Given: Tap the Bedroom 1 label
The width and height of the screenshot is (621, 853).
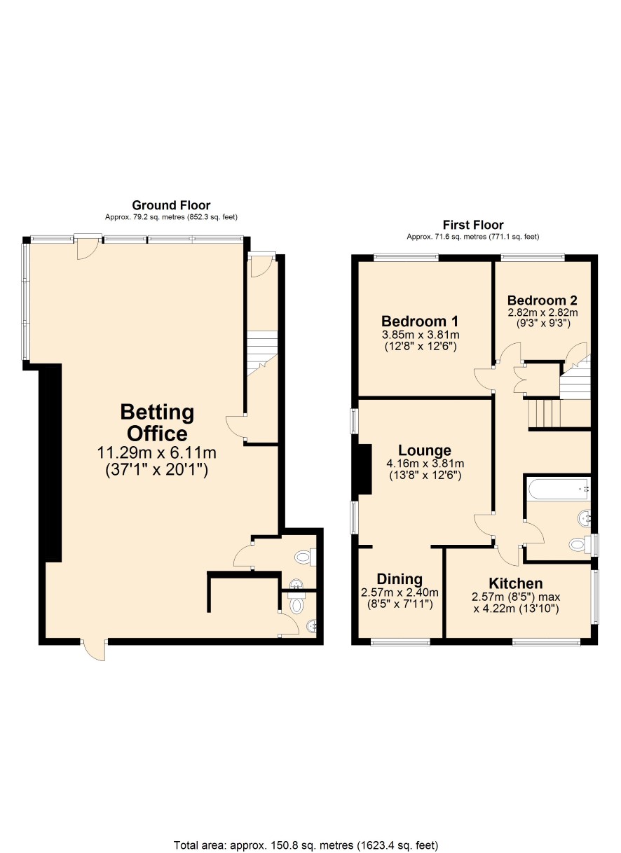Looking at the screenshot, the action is coord(420,321).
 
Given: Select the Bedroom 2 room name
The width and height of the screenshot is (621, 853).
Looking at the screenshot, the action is coord(542,300).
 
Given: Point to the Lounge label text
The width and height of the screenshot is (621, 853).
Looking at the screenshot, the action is coord(425,450).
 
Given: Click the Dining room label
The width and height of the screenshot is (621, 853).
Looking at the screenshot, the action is coord(400,579).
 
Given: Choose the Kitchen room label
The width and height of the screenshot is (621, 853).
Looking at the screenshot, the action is coord(516,583).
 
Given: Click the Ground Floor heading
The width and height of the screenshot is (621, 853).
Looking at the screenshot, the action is coord(171,205).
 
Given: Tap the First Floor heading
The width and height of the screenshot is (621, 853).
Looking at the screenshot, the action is coord(473,225).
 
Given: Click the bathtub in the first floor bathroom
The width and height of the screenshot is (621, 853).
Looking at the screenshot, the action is coord(559,489).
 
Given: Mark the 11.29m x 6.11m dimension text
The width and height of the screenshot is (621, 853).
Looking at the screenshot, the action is coord(157,453).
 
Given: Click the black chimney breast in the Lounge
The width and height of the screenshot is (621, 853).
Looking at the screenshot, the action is coord(365,469).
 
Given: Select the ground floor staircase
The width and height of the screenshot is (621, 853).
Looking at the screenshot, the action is coord(262,353).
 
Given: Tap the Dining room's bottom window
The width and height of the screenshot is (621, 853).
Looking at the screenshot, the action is coord(400,642).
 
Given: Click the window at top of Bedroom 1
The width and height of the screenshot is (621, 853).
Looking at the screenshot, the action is coord(407,258).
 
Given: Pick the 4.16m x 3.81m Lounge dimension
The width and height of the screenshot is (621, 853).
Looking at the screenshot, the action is coord(425,464).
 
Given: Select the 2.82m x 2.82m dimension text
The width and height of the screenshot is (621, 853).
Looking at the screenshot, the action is coord(542,312).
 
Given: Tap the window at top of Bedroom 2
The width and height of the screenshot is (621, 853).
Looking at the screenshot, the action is coord(533,258).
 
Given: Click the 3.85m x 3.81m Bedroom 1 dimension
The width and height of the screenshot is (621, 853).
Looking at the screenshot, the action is coord(421,335).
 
